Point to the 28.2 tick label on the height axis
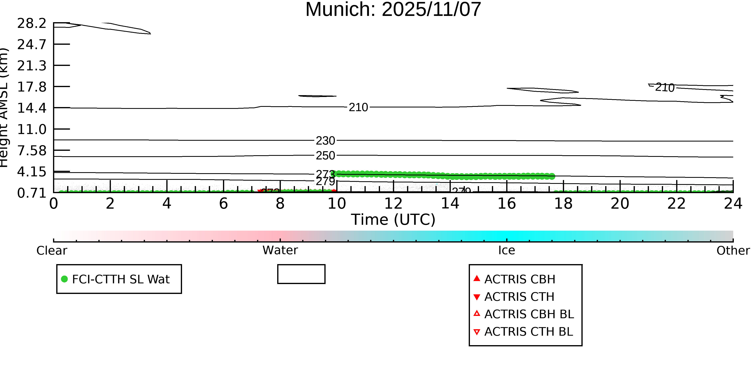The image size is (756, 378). [x=32, y=23]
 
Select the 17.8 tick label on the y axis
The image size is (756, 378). [x=32, y=87]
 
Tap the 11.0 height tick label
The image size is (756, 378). [x=32, y=129]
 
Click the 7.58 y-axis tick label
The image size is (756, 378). [x=32, y=151]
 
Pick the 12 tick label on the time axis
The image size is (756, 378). [x=393, y=204]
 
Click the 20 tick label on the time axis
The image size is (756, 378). [x=620, y=204]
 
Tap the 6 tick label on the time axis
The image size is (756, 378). [x=223, y=204]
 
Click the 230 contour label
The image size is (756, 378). [x=325, y=141]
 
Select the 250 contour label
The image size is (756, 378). [x=325, y=156]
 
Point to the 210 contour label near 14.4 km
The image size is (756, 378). [x=358, y=107]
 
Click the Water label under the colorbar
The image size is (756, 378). [x=280, y=250]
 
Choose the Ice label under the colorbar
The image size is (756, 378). [x=507, y=250]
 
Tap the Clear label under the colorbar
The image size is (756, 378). [x=52, y=251]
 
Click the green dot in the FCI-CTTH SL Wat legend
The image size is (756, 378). [x=64, y=279]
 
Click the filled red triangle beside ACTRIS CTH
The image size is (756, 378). [x=477, y=297]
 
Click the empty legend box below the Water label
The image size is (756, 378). [x=301, y=274]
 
